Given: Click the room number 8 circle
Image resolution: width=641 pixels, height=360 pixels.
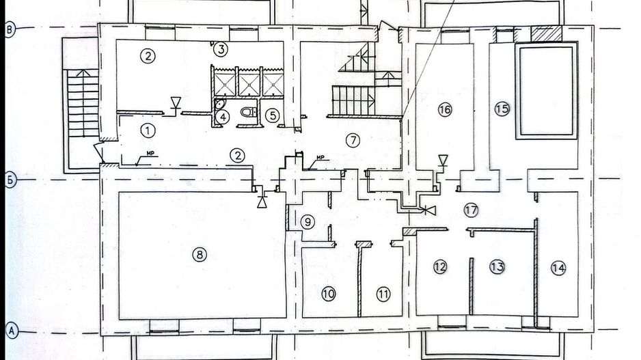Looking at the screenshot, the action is [x=200, y=255].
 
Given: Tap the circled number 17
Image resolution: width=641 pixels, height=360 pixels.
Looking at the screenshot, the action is [x=471, y=210].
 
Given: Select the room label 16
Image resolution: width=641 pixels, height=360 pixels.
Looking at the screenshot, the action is [x=445, y=109].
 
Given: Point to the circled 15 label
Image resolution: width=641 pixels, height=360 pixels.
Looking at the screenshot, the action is [x=502, y=109].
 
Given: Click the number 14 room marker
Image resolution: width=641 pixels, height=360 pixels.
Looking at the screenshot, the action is [x=558, y=268].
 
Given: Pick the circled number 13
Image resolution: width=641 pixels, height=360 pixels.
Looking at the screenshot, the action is [x=497, y=267].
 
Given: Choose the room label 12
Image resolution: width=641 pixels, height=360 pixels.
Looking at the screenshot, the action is [x=440, y=267].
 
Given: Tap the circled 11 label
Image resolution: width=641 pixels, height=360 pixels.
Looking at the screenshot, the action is [x=383, y=294].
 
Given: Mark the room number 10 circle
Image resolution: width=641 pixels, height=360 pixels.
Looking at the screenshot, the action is [x=329, y=294].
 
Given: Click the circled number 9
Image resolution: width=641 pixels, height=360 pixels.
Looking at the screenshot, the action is [x=308, y=222].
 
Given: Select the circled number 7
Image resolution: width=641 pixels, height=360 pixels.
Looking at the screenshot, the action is [x=353, y=141].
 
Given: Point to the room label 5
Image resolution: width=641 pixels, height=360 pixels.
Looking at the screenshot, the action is [x=273, y=115].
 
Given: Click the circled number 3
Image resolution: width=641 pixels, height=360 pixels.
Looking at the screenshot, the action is [x=221, y=49].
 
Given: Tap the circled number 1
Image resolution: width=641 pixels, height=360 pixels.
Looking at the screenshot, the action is [x=148, y=130].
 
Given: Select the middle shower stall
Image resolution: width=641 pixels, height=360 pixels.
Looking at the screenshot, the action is [x=249, y=84].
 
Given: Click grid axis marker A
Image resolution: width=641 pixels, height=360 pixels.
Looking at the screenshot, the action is [x=12, y=331].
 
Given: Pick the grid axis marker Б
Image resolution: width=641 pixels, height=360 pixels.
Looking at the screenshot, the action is [x=11, y=180].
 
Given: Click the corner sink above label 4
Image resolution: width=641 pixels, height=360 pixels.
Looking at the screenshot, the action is [x=220, y=103].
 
